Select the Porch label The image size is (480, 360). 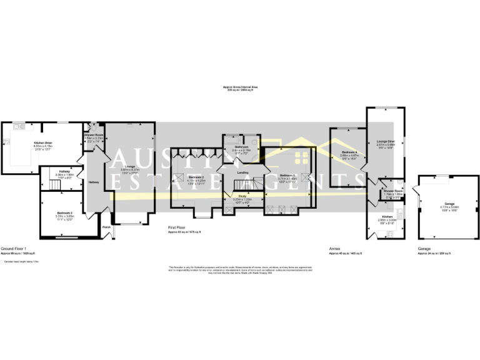pos(107,227)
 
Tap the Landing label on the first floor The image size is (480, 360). pos(244,173)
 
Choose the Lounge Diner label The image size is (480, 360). pos(377,141)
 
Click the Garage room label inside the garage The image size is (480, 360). pos(449,204)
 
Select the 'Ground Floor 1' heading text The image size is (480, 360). pos(12,248)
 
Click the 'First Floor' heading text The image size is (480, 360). pos(177,227)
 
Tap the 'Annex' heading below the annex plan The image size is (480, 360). pos(334,248)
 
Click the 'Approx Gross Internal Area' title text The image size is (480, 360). pos(239,87)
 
